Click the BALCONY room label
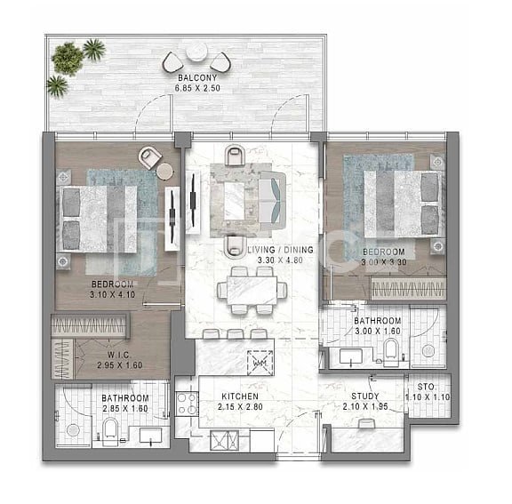pyautogui.click(x=197, y=78)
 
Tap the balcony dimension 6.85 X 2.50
pyautogui.click(x=197, y=88)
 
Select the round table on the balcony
pyautogui.click(x=197, y=52)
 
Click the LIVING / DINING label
pyautogui.click(x=281, y=250)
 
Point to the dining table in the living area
pyautogui.click(x=252, y=291)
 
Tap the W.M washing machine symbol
pyautogui.click(x=260, y=362)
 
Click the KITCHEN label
pyautogui.click(x=240, y=396)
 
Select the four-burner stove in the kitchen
pyautogui.click(x=187, y=404)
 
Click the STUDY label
pyautogui.click(x=365, y=396)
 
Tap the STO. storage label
pyautogui.click(x=426, y=388)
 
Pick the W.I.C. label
pyautogui.click(x=119, y=355)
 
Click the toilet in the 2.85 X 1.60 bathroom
pyautogui.click(x=110, y=432)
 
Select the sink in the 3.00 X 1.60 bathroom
pyautogui.click(x=351, y=356)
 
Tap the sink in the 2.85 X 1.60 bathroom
pyautogui.click(x=150, y=436)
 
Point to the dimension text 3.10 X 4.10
pyautogui.click(x=113, y=294)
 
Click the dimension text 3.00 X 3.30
pyautogui.click(x=384, y=262)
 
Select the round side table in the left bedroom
pyautogui.click(x=164, y=171)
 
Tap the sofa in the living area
pyautogui.click(x=273, y=201)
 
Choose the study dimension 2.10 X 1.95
pyautogui.click(x=365, y=407)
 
